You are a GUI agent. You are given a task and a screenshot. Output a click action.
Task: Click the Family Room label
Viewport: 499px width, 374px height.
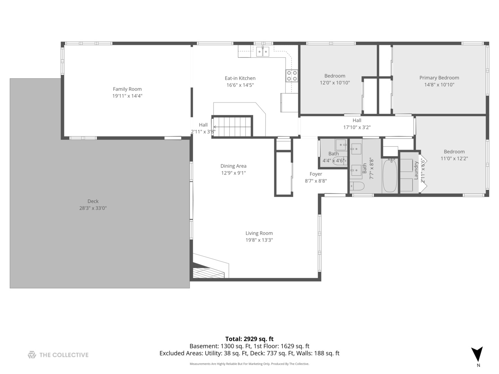127,89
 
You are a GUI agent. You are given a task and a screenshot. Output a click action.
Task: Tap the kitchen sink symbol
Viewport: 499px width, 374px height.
263,52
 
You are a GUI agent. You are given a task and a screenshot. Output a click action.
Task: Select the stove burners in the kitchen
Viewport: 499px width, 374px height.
292,76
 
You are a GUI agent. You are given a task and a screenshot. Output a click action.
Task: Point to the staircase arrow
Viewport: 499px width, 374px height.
232,127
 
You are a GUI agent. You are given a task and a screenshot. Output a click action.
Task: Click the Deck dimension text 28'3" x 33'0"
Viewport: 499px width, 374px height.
93,208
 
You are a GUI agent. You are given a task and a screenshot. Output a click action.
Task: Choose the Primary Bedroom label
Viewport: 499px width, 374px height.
439,78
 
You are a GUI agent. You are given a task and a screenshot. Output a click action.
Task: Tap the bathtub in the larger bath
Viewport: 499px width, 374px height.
390,175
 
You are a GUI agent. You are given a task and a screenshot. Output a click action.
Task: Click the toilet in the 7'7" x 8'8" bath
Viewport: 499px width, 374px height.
357,186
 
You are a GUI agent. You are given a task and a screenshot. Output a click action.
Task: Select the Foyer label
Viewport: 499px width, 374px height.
316,174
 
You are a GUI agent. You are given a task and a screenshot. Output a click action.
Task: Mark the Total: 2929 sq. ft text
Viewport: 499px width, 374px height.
249,339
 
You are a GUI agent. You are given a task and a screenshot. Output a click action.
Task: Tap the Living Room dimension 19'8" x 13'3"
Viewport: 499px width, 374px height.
259,240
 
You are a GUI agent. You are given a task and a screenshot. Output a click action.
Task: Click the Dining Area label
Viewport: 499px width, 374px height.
234,166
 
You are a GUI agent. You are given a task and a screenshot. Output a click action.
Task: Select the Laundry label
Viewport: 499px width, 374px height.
416,170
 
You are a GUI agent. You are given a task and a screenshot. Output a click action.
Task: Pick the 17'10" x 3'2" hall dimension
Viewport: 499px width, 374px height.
357,127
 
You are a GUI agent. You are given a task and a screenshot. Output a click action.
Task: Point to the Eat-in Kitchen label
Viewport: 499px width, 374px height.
240,78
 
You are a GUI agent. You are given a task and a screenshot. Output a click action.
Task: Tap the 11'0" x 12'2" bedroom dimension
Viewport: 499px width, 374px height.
454,159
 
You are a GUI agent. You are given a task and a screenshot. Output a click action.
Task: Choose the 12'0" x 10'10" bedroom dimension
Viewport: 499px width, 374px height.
335,83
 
